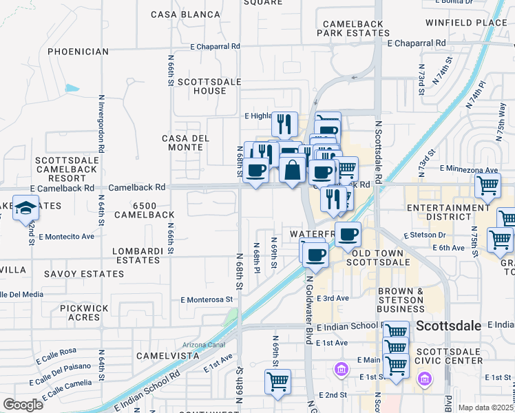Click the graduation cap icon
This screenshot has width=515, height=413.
[x=25, y=208]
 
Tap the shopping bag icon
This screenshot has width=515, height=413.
[x=292, y=169]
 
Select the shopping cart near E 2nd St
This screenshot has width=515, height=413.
[x=277, y=381]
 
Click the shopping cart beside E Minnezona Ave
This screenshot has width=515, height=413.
[x=487, y=184]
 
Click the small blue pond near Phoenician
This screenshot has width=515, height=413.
[x=72, y=88]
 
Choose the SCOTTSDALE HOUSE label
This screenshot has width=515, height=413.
[x=202, y=86]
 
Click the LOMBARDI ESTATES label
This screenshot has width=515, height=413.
[x=136, y=255]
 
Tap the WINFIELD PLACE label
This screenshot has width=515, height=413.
[x=466, y=23]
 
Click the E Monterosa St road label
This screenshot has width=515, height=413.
[x=207, y=299]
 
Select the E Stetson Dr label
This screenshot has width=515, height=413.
[x=426, y=235]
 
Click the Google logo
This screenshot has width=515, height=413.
[x=23, y=405]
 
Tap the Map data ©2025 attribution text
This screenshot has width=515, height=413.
[x=486, y=407]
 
